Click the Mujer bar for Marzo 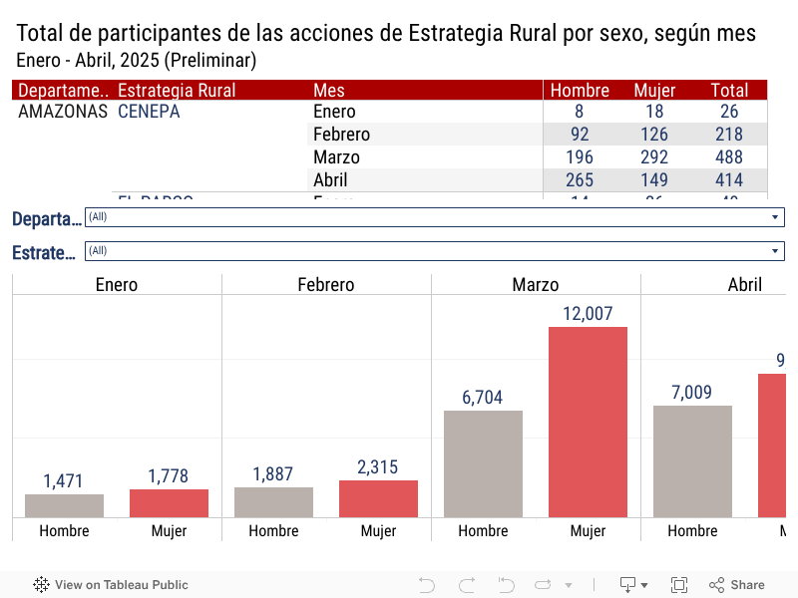click(588, 422)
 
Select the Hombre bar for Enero click(64, 505)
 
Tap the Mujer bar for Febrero click(378, 498)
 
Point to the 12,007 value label click(588, 313)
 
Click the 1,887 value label click(273, 474)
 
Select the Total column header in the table click(729, 90)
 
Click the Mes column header click(329, 90)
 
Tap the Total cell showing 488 click(729, 157)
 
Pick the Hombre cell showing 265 click(579, 180)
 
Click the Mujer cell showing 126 click(654, 135)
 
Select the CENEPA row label click(149, 112)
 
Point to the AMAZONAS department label click(63, 112)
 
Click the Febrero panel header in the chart click(325, 285)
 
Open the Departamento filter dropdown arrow click(775, 217)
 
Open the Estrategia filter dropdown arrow click(775, 251)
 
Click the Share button click(737, 585)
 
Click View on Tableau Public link click(111, 585)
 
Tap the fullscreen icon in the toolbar click(679, 585)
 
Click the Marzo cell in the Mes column click(336, 157)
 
